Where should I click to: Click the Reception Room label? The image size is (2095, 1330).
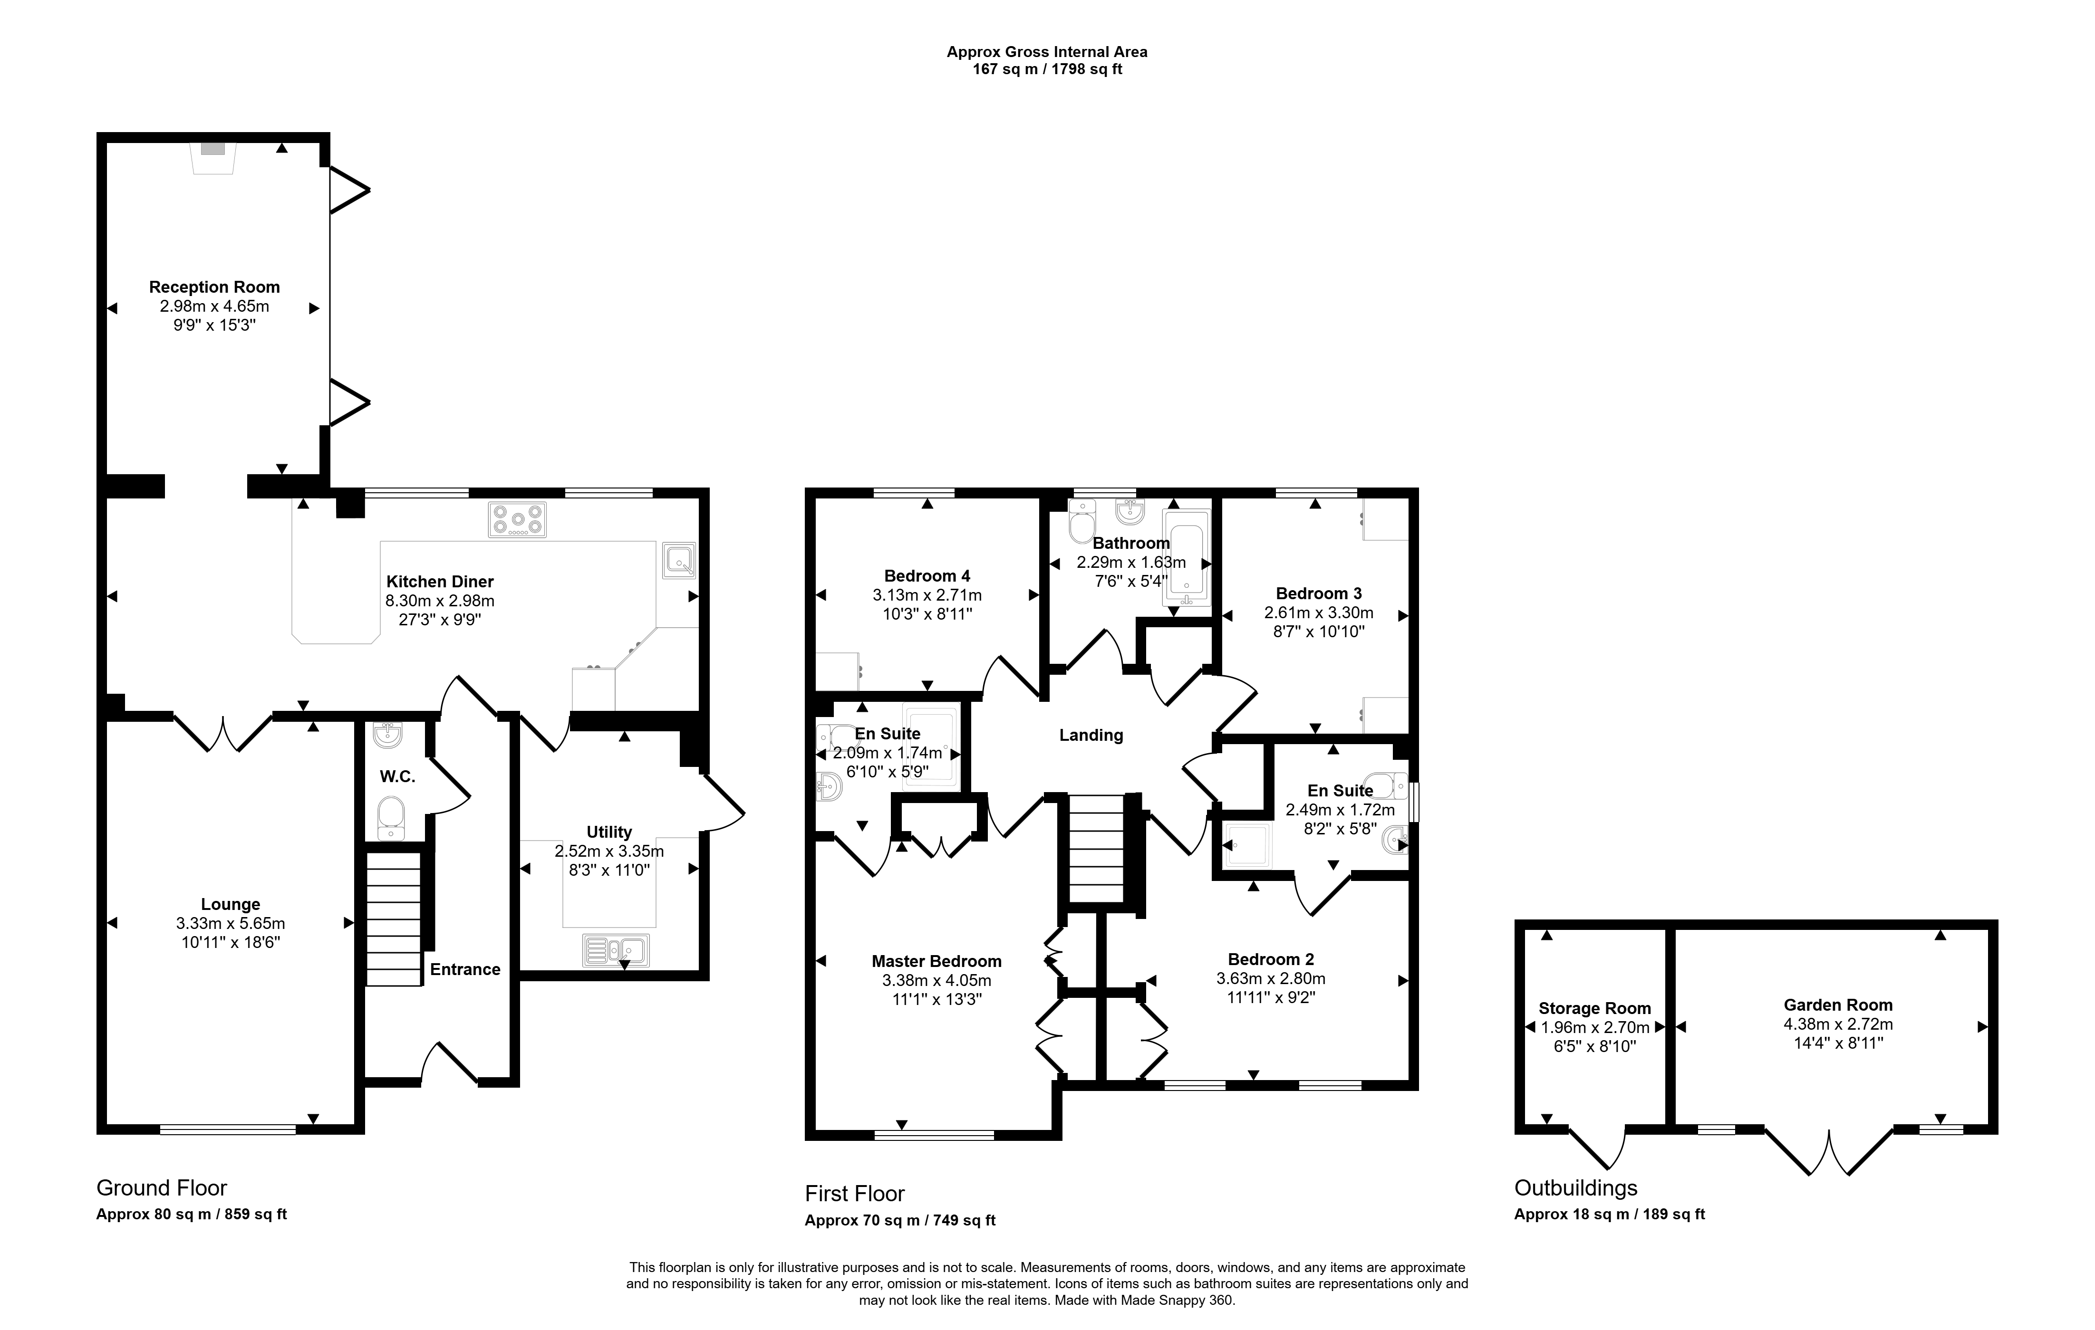click(x=214, y=287)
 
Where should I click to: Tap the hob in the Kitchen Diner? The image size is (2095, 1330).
click(x=518, y=520)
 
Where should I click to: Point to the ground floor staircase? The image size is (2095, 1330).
click(x=393, y=919)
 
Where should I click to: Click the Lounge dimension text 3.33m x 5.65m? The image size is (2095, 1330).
click(x=231, y=924)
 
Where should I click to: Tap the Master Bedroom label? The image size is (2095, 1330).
click(x=936, y=961)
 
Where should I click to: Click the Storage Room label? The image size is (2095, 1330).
click(x=1595, y=1008)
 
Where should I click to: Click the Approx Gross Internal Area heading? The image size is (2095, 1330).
click(x=1048, y=52)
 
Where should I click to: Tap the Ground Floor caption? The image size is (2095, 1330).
click(x=162, y=1188)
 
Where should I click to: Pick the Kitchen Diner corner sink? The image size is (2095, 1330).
click(x=679, y=560)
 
